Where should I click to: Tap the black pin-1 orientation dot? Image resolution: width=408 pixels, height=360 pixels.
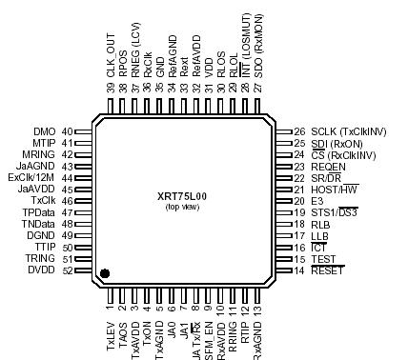[x=105, y=274]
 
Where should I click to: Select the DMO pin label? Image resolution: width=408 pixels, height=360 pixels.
[x=45, y=131]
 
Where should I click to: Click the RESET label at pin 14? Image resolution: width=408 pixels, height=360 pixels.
[x=327, y=271]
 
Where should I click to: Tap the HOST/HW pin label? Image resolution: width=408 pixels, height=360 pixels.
[x=333, y=190]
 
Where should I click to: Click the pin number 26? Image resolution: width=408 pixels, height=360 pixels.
[x=298, y=131]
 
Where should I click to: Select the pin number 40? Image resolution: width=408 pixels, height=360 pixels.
[x=67, y=131]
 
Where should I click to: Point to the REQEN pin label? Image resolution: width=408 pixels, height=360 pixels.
[x=327, y=166]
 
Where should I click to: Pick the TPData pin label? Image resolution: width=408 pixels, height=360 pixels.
[x=39, y=212]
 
